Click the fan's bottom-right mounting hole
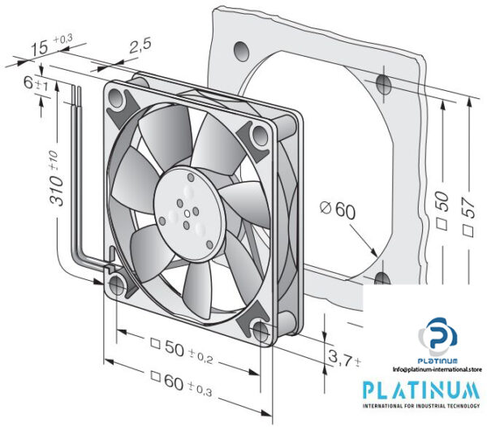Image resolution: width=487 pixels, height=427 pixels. pyautogui.click(x=261, y=330)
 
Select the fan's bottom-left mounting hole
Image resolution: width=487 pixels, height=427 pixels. pyautogui.click(x=118, y=285)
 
